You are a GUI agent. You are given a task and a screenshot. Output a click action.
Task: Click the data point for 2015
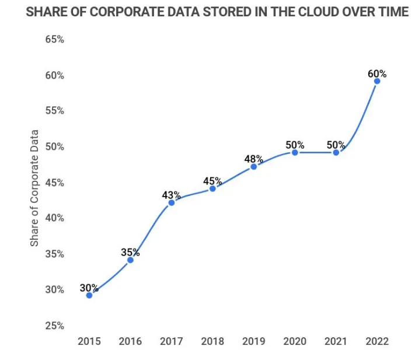click(x=89, y=295)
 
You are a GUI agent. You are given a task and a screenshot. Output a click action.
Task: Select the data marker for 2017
click(x=172, y=202)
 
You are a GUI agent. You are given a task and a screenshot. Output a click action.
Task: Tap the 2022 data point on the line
click(x=377, y=81)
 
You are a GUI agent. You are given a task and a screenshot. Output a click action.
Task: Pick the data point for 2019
click(x=254, y=167)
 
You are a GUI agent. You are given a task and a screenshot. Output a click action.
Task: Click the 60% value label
click(x=376, y=74)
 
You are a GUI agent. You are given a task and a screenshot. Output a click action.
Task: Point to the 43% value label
click(x=172, y=195)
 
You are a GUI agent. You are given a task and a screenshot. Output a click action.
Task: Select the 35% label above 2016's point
click(x=130, y=252)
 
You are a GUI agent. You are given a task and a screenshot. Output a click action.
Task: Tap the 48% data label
click(x=253, y=159)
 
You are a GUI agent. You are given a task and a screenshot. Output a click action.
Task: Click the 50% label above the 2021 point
click(x=336, y=145)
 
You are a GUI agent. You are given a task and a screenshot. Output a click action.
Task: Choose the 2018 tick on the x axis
click(x=212, y=341)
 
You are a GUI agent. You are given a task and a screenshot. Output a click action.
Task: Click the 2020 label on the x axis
click(x=295, y=341)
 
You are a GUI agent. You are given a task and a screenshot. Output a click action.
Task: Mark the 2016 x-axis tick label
click(x=130, y=341)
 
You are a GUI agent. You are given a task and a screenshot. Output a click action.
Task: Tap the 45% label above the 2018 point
click(x=212, y=181)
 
